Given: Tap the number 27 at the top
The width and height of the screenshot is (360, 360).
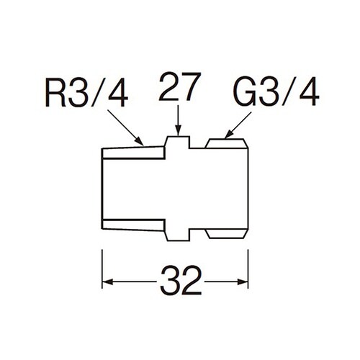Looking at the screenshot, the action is [x=180, y=86].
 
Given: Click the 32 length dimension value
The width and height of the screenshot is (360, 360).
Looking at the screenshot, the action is [x=181, y=280].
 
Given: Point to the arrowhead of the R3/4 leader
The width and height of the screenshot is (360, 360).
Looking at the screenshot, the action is [x=139, y=141].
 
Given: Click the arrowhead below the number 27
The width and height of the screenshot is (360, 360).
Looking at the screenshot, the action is [x=178, y=131].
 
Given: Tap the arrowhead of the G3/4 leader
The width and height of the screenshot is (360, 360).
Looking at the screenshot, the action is [x=228, y=135].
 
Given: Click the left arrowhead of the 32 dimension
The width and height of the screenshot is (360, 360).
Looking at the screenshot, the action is [x=107, y=282].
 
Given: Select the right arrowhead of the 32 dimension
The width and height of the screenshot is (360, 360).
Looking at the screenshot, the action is [x=243, y=282].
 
